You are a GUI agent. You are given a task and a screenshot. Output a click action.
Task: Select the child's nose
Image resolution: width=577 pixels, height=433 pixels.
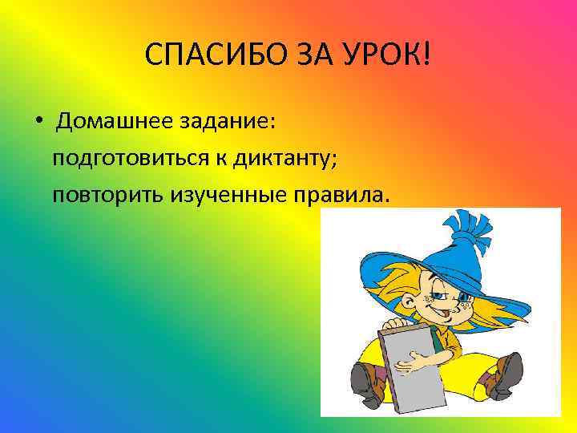(429, 297)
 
